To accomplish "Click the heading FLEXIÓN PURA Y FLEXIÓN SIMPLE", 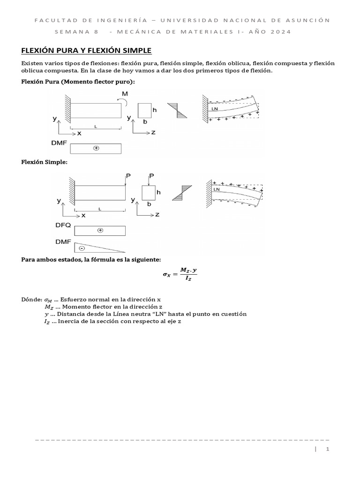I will [x=87, y=50].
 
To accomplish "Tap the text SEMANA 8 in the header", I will [x=76, y=32].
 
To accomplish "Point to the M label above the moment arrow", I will [x=125, y=94].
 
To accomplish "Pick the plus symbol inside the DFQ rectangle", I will [x=100, y=231].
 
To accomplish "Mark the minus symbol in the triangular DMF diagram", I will [x=82, y=248].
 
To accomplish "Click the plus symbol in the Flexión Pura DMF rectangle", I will [x=96, y=148].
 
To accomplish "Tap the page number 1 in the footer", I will [x=328, y=449].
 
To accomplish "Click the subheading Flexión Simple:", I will [x=45, y=162].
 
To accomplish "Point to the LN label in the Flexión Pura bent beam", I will [x=215, y=109].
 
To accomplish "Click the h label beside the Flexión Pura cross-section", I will [x=154, y=110].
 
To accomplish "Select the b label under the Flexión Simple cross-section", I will [x=149, y=204].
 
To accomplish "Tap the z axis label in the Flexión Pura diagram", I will [x=153, y=133].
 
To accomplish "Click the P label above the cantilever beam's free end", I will [x=127, y=176].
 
